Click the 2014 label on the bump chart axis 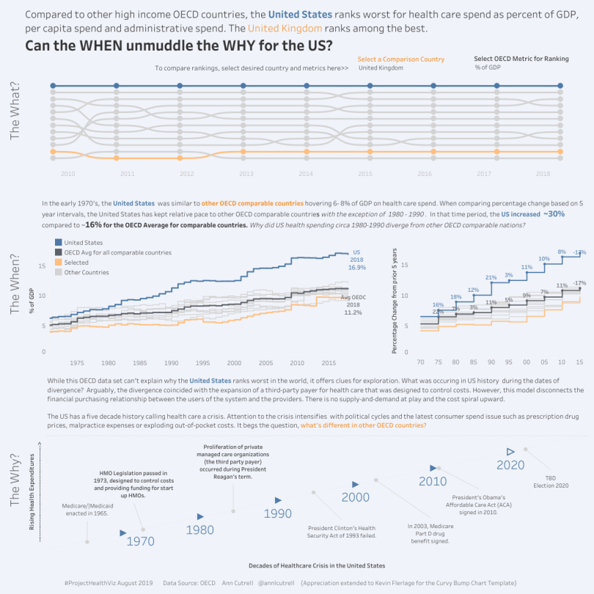[x=306, y=174]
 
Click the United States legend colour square [x=58, y=242]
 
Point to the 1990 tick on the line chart [x=172, y=363]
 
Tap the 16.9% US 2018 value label [x=356, y=268]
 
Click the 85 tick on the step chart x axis [x=472, y=362]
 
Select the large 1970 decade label [x=140, y=542]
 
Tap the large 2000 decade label [x=356, y=497]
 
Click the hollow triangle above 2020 [x=511, y=451]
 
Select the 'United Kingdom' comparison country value [x=381, y=67]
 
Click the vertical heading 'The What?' [x=15, y=112]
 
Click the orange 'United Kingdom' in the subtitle [x=285, y=28]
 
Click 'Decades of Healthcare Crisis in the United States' [x=317, y=565]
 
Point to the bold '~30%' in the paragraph [x=554, y=213]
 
